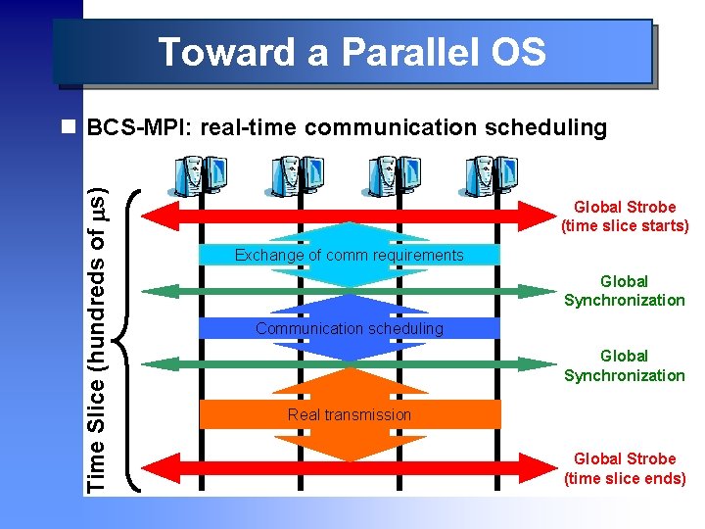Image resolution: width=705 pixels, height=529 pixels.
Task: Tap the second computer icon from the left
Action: [291, 176]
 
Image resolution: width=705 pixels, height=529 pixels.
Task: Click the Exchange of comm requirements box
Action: [349, 255]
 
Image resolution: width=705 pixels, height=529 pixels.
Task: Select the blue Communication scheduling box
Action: [349, 328]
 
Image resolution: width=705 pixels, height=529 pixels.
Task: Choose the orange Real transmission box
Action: [349, 414]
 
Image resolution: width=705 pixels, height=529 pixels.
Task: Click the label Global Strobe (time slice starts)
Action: [625, 216]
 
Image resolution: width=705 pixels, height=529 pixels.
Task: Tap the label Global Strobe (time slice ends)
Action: [625, 468]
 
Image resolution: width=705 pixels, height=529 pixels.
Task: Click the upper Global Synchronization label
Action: [625, 291]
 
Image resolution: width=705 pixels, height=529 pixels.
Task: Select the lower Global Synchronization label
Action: [625, 365]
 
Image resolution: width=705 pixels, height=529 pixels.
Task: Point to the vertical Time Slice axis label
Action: [97, 328]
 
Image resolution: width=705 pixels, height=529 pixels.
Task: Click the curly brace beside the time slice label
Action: [130, 338]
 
